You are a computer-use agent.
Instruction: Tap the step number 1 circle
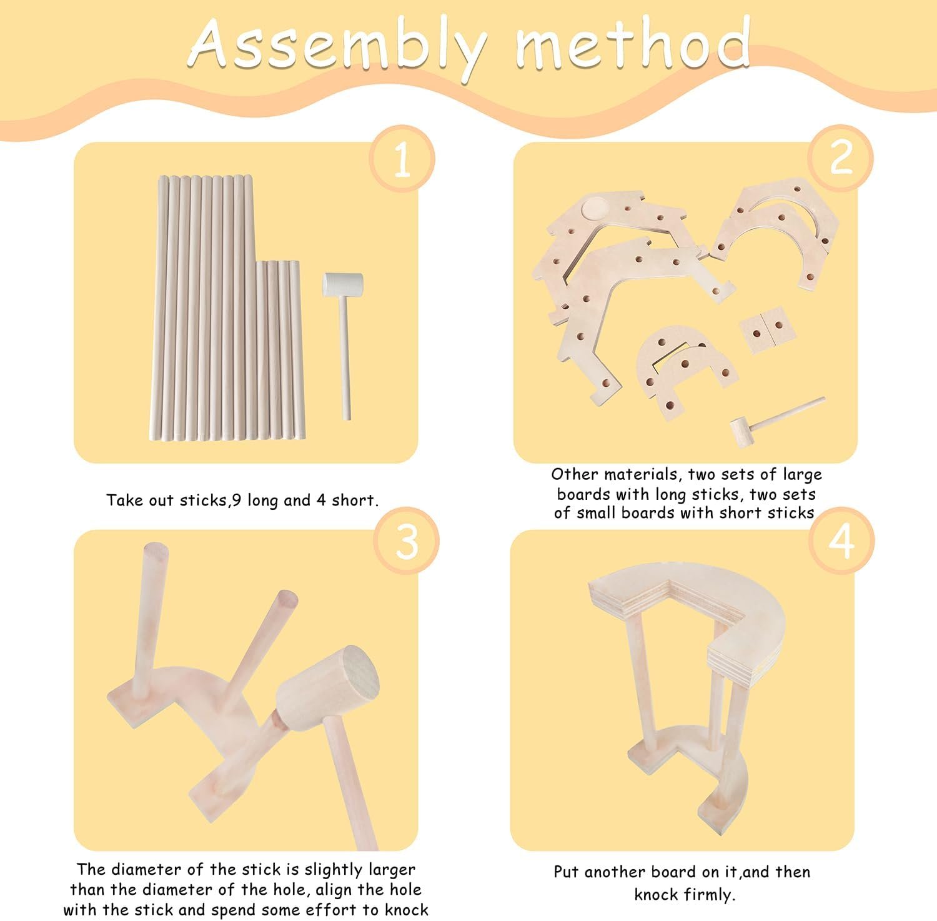[x=402, y=159]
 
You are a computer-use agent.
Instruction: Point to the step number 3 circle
[x=407, y=542]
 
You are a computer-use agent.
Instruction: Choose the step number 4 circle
[x=841, y=540]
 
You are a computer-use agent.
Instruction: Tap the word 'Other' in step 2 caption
[x=573, y=475]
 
